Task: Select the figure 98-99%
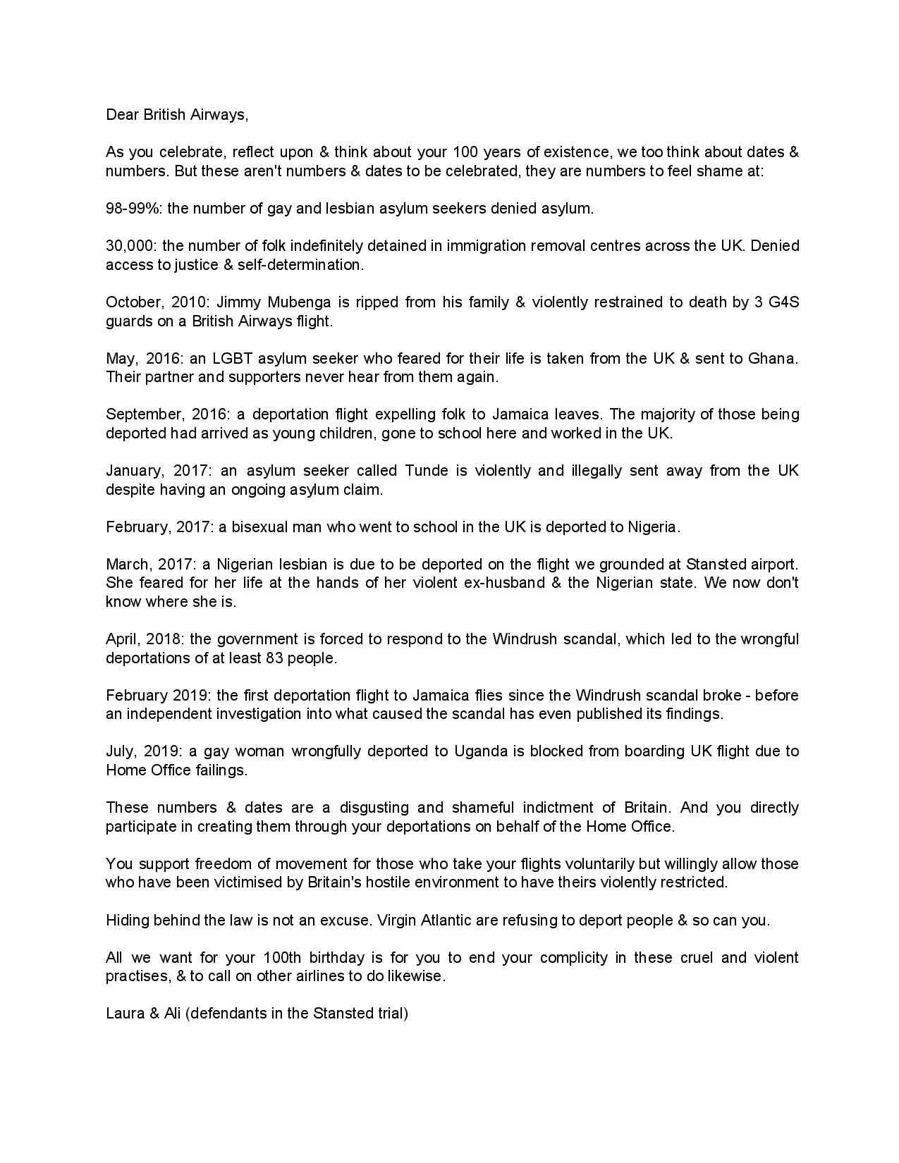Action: click(133, 208)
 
